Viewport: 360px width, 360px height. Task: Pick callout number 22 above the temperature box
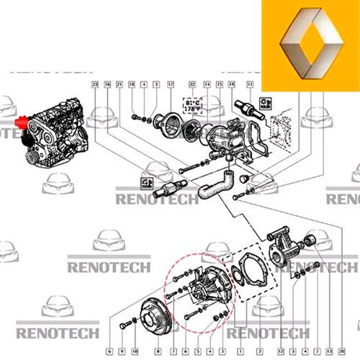point(192,85)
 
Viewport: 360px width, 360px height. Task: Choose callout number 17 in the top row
point(170,85)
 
